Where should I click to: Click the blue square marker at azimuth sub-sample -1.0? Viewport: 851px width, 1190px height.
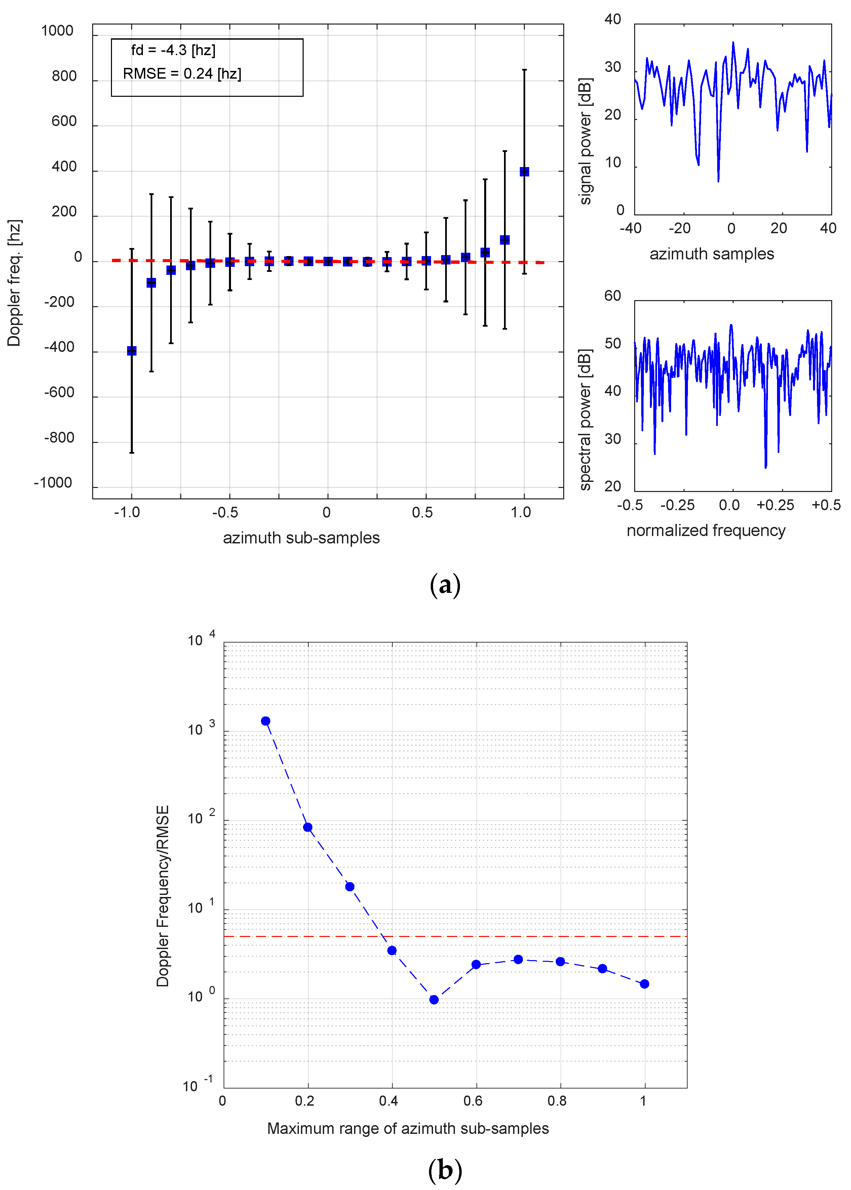click(x=131, y=351)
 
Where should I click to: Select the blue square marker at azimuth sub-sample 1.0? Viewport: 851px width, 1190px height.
click(x=524, y=172)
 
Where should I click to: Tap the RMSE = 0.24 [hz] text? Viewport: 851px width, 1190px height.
click(x=182, y=74)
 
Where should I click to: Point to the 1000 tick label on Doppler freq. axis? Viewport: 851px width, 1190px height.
click(x=57, y=31)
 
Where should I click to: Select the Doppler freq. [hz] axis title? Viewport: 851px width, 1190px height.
click(x=14, y=283)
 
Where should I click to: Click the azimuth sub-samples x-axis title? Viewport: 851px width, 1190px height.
click(x=301, y=538)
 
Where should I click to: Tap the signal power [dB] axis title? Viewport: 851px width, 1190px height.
click(x=585, y=141)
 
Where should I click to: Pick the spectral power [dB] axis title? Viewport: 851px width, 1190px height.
click(x=585, y=419)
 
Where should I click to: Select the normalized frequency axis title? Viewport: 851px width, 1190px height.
click(x=706, y=531)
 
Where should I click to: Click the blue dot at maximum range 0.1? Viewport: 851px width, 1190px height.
click(x=266, y=721)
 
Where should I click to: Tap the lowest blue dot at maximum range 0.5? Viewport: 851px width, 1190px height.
click(x=434, y=1000)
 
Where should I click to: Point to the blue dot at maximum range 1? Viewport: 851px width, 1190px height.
click(x=645, y=984)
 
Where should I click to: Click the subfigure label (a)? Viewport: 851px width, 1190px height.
click(x=445, y=584)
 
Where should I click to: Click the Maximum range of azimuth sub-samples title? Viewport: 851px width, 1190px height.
click(x=408, y=1129)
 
